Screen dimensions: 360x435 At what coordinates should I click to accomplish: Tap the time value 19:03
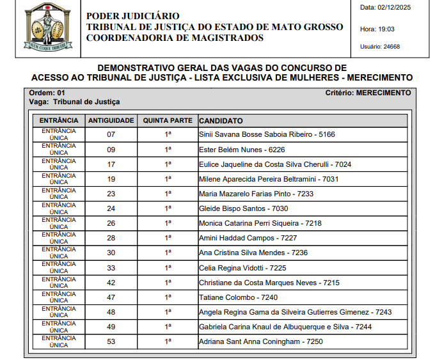tap(386, 29)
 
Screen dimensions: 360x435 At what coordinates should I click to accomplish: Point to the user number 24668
tap(390, 46)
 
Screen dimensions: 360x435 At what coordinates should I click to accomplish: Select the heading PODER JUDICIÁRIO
tap(133, 16)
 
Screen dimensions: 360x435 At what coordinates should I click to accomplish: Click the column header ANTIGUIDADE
tap(111, 120)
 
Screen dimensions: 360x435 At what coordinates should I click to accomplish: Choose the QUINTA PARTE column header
tap(168, 120)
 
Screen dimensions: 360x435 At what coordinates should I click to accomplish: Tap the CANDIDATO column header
tap(221, 120)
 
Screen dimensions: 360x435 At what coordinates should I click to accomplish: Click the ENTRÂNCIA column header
tap(59, 120)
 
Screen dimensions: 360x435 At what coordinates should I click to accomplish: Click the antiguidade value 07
tap(111, 135)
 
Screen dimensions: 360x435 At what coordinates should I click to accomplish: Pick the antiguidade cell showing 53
tap(111, 341)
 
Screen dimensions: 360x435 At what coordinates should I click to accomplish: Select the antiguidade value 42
tap(111, 283)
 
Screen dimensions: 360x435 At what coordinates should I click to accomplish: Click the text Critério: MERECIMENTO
tap(368, 93)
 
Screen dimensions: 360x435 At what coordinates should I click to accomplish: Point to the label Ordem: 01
tap(47, 93)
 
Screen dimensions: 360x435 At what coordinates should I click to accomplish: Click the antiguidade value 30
tap(111, 253)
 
